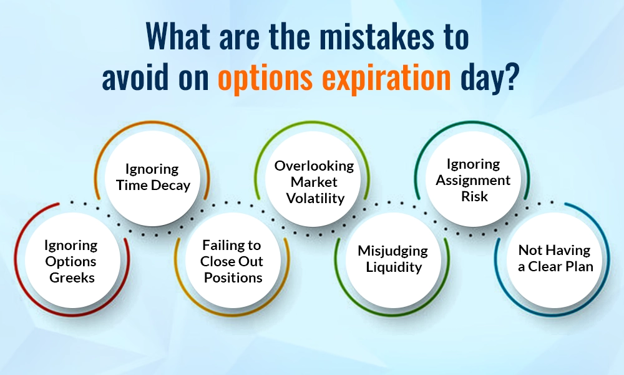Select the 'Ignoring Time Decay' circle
pyautogui.click(x=152, y=178)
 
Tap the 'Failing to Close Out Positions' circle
pyautogui.click(x=232, y=261)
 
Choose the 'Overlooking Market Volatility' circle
pyautogui.click(x=314, y=182)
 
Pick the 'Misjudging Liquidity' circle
pyautogui.click(x=392, y=259)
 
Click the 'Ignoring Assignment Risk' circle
pyautogui.click(x=472, y=180)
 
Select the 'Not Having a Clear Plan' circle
pyautogui.click(x=554, y=258)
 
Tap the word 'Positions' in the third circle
pyautogui.click(x=232, y=277)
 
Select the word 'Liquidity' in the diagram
pyautogui.click(x=392, y=267)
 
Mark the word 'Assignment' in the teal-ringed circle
pyautogui.click(x=472, y=180)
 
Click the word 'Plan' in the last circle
pyautogui.click(x=577, y=266)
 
